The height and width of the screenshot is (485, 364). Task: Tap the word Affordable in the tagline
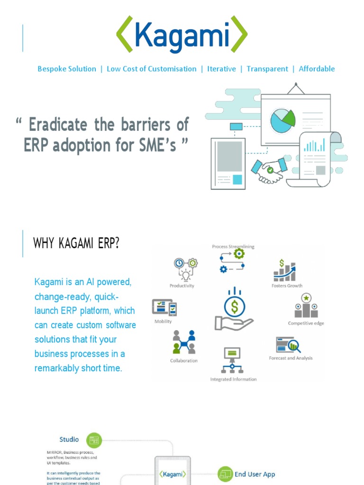317,69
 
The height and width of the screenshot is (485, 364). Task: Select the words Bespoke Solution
67,69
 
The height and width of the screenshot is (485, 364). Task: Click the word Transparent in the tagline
267,69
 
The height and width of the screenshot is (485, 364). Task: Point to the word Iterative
221,69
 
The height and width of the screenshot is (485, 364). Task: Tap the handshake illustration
269,169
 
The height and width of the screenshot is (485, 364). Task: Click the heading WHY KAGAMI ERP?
76,243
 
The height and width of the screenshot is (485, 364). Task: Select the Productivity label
182,286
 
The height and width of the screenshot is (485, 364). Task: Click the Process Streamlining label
233,246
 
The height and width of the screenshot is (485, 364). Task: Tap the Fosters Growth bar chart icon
284,270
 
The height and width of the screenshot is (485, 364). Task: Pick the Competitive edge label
306,323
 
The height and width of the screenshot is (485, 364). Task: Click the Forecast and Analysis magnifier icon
289,345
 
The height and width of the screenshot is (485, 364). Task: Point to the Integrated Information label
233,379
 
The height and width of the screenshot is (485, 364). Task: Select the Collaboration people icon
184,342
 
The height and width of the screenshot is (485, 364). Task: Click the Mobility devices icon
164,307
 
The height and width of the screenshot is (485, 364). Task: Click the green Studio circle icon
94,440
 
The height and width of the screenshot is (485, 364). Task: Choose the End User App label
255,474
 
